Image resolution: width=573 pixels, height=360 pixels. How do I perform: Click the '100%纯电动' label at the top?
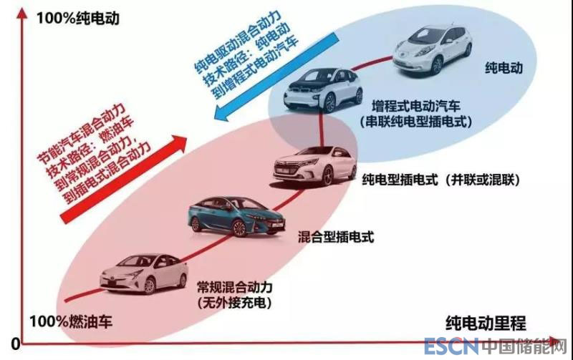tap(78, 18)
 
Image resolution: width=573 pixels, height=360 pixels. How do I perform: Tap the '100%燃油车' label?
tap(71, 321)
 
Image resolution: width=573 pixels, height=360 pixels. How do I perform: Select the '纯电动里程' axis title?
tap(486, 323)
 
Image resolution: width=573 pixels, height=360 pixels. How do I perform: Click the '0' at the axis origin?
tap(15, 344)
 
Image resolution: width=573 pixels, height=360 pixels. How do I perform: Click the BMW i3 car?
tap(324, 89)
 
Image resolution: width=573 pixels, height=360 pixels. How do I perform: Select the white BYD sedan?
tap(314, 165)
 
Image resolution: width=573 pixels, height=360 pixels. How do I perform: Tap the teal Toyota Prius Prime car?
tap(237, 216)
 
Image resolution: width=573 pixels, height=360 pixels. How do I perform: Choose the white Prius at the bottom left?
tap(144, 274)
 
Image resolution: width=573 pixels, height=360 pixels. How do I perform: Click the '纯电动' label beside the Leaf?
tap(504, 68)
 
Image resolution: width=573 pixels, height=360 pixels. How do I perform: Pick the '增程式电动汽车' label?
tap(416, 106)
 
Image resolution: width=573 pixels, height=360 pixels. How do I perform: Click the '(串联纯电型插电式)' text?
tap(415, 122)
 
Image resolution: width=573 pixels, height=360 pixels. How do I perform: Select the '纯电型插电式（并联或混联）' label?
tap(440, 179)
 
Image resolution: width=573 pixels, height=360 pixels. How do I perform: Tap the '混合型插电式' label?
tap(336, 237)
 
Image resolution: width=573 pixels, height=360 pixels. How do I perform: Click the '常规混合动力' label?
tap(235, 287)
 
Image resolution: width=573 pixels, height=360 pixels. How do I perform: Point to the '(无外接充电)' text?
tap(235, 303)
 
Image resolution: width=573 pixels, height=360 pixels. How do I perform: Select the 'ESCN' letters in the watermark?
tap(451, 346)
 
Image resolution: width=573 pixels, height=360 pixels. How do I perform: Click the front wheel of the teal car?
tap(239, 228)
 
